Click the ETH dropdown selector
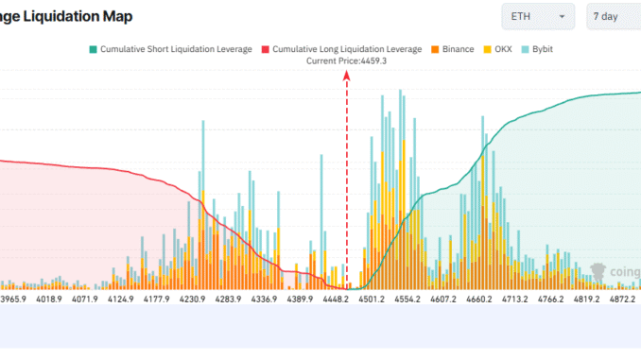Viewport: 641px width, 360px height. [537, 17]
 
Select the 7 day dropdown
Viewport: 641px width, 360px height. [613, 17]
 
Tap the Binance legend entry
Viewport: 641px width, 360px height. [454, 48]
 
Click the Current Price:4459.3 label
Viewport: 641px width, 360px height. [347, 60]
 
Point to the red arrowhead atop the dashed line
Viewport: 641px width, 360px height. [347, 81]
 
